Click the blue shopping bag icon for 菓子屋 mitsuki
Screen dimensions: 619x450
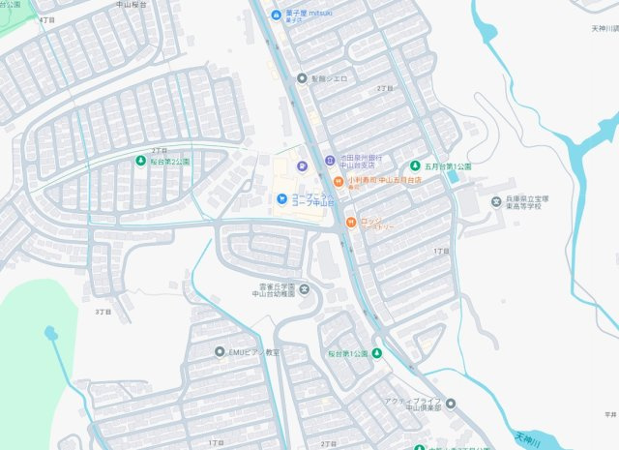[x=276, y=15]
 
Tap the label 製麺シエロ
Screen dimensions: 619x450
[x=329, y=77]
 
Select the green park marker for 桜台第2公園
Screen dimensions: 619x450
[x=140, y=160]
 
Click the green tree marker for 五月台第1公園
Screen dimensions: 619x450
[x=417, y=165]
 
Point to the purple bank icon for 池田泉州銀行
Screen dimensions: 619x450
[x=329, y=160]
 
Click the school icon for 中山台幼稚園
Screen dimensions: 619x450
[x=306, y=289]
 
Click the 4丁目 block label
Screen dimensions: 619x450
[x=46, y=19]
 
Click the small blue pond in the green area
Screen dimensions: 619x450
[x=50, y=333]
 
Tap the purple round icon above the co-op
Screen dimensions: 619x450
[x=301, y=165]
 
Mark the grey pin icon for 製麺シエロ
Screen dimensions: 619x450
[x=302, y=77]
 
